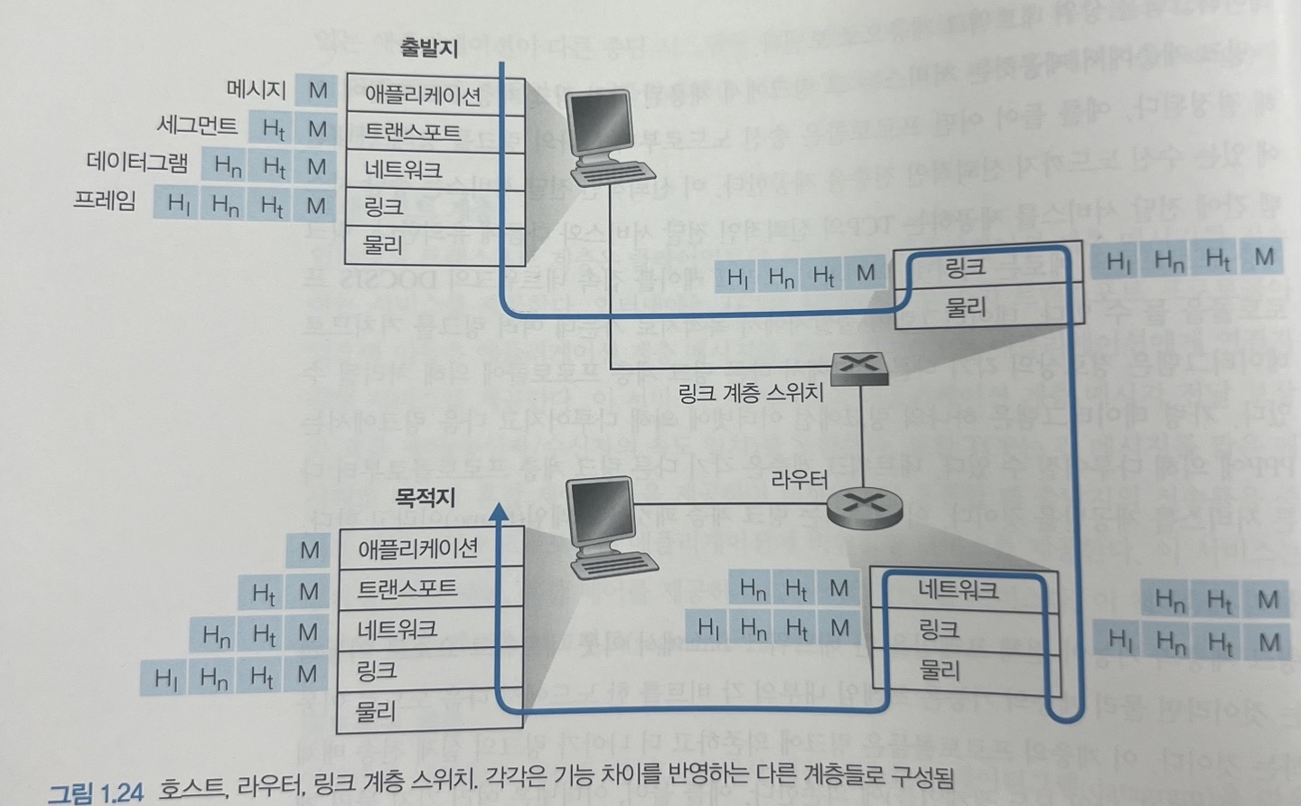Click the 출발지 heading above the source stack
(429, 49)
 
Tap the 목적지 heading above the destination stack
(425, 497)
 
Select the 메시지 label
(257, 89)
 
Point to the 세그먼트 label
(197, 125)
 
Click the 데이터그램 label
(137, 163)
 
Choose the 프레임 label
(105, 200)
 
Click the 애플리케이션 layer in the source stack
(422, 96)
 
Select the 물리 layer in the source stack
(383, 244)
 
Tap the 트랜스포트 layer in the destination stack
(407, 588)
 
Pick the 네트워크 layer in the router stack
(958, 591)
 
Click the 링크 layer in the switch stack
(964, 267)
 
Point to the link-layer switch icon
(857, 366)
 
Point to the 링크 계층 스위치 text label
(751, 392)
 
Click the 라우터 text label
(799, 479)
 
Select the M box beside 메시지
(318, 90)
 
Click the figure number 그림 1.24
(96, 792)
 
